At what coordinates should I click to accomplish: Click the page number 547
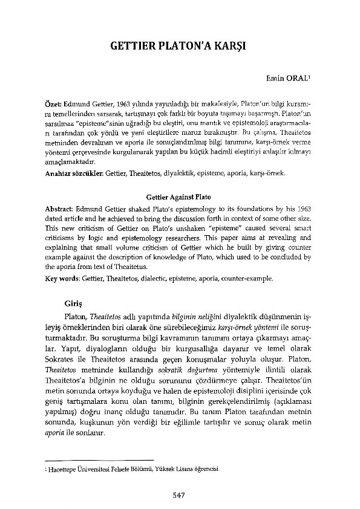coord(180,494)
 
